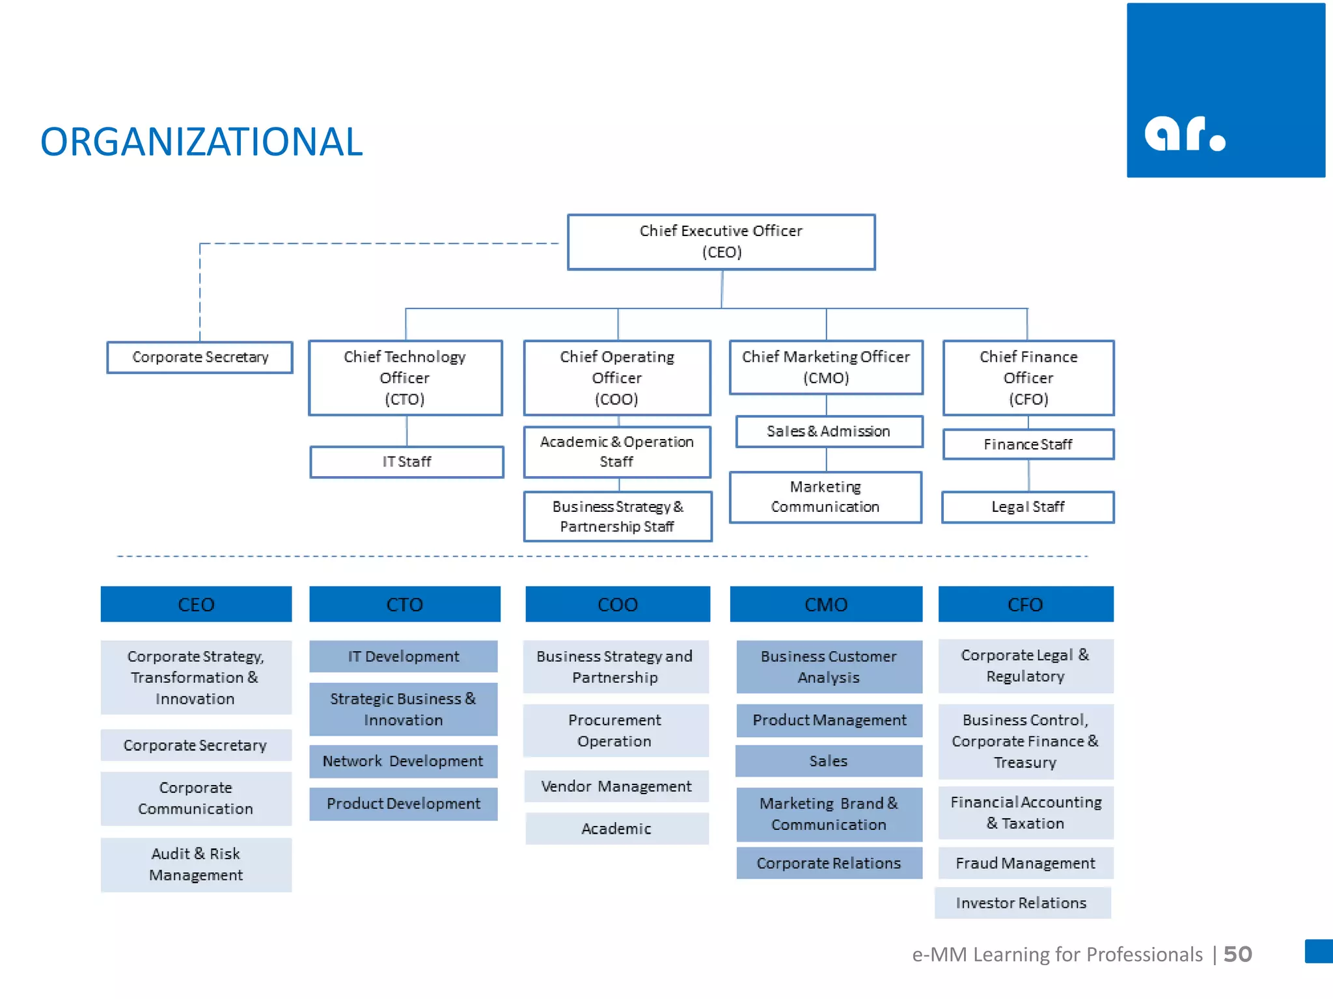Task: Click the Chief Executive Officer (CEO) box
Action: (x=721, y=242)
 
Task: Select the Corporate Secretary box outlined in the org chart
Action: (x=200, y=357)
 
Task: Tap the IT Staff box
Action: (x=407, y=462)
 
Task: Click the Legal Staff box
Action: (x=1028, y=507)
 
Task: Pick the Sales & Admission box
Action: (x=829, y=431)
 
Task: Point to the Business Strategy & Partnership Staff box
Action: (x=617, y=516)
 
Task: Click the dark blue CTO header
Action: (x=404, y=604)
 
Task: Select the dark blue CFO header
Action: (x=1025, y=604)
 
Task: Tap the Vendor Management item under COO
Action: (x=616, y=786)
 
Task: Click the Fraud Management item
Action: (x=1025, y=863)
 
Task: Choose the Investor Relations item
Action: (x=1022, y=903)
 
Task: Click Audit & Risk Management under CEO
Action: (x=196, y=864)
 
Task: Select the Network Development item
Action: (x=403, y=761)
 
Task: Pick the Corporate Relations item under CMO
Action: (x=829, y=863)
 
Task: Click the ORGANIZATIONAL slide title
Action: (x=201, y=142)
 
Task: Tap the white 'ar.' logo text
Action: (x=1185, y=134)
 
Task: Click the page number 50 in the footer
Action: (x=1237, y=954)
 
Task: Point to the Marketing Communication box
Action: (x=825, y=497)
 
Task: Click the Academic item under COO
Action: (x=616, y=829)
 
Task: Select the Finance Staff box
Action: (x=1028, y=444)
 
